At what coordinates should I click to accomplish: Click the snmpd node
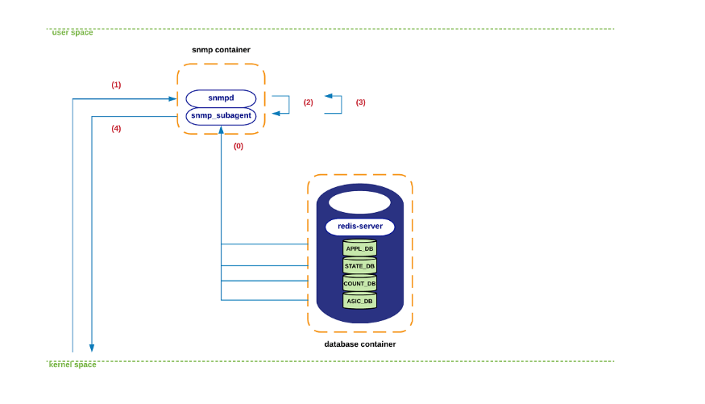(x=221, y=98)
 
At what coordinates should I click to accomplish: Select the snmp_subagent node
(x=221, y=116)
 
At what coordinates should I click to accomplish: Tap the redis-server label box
(x=359, y=227)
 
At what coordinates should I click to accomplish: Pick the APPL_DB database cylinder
(x=359, y=248)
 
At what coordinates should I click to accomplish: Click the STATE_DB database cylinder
(x=359, y=265)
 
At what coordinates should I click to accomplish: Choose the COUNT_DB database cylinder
(x=359, y=283)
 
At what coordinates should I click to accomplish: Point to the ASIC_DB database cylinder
(x=359, y=301)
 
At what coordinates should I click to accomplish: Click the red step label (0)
(x=238, y=146)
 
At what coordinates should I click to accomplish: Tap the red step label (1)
(x=116, y=85)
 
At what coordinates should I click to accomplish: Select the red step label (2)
(x=308, y=102)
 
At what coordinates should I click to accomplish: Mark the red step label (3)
(x=360, y=102)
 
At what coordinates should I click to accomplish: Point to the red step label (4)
(x=116, y=128)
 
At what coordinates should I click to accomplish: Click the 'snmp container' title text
(x=221, y=50)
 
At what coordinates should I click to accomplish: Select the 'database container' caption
(x=359, y=344)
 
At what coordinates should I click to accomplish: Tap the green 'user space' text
(x=73, y=32)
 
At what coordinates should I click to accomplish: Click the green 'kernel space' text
(x=73, y=364)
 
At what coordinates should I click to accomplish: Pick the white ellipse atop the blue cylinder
(x=359, y=202)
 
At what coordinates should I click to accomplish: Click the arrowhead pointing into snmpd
(x=173, y=99)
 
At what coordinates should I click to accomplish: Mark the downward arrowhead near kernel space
(x=92, y=348)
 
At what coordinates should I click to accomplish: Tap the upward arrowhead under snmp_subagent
(x=221, y=130)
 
